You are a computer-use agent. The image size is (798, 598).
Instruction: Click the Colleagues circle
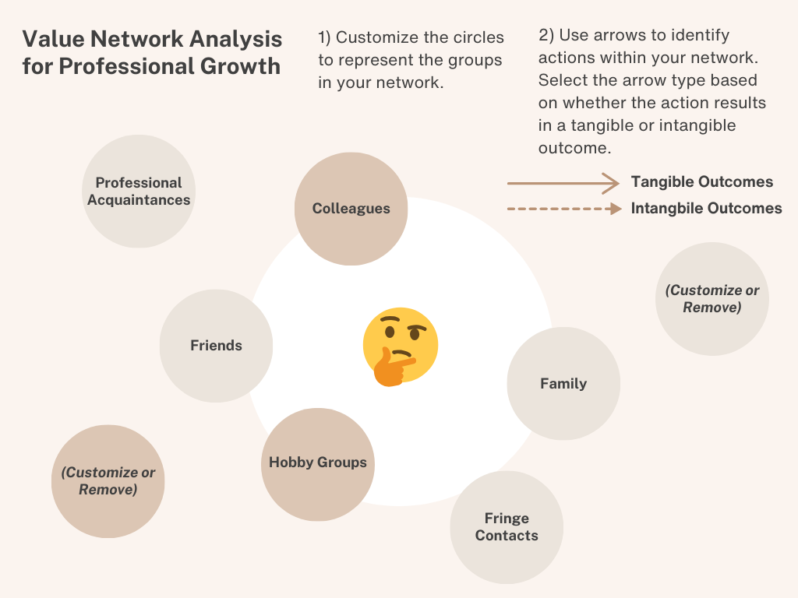(351, 208)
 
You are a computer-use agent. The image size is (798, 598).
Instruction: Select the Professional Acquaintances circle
(139, 192)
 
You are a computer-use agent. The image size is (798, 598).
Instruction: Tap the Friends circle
(216, 346)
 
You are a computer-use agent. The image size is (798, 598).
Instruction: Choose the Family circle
(563, 383)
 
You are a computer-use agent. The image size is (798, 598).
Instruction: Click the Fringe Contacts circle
(507, 527)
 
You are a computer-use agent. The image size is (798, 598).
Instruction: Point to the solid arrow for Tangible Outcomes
(562, 183)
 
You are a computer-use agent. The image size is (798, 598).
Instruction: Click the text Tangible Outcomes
(701, 182)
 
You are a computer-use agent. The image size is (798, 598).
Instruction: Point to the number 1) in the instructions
(325, 37)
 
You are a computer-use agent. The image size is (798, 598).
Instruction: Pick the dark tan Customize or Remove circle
(108, 481)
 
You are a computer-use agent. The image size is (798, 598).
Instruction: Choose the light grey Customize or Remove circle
(711, 299)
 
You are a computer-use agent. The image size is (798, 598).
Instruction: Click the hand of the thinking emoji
(390, 368)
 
